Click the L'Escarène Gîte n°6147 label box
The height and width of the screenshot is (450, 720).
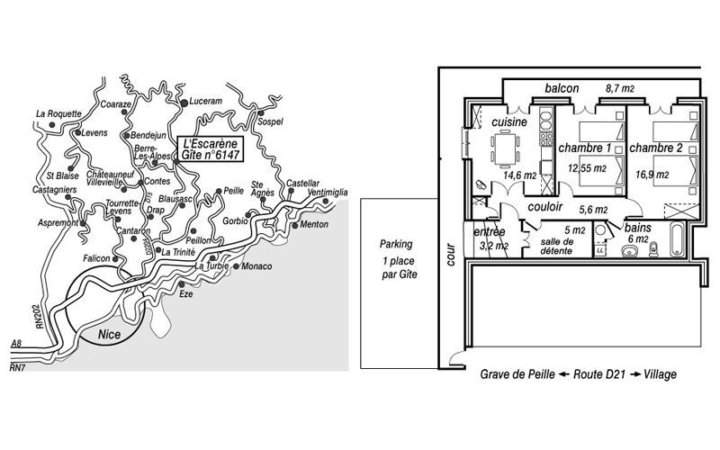[x=211, y=149]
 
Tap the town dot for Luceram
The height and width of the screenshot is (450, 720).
[x=184, y=103]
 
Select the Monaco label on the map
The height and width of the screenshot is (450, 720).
[x=256, y=266]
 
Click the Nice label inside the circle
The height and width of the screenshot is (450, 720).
[x=109, y=334]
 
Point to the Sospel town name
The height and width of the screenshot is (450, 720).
[x=270, y=121]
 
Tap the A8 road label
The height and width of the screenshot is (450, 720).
[x=16, y=344]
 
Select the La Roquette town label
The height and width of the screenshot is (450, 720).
[x=58, y=113]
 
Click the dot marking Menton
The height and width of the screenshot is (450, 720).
[x=295, y=226]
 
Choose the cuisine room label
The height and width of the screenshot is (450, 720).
[x=509, y=122]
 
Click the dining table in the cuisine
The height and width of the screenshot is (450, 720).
[x=505, y=148]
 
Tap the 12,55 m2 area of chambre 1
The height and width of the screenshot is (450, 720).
[x=587, y=168]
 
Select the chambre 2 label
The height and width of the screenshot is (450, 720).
[x=656, y=148]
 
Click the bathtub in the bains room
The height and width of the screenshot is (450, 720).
[x=678, y=239]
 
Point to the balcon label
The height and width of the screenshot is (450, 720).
[x=562, y=88]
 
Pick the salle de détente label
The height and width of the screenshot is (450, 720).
[x=556, y=246]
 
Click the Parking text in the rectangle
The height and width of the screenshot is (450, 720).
[x=396, y=244]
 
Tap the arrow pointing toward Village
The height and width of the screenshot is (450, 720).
[x=635, y=374]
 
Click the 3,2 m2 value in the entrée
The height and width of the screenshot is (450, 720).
[x=493, y=246]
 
